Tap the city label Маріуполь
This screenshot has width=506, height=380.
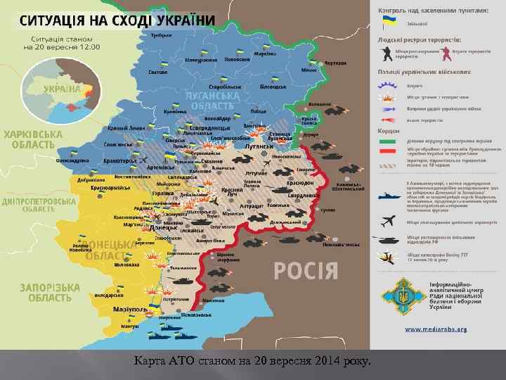(x=131, y=310)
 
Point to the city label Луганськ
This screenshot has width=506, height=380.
(x=259, y=146)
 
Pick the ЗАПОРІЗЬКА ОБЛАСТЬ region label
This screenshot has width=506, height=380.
(x=43, y=292)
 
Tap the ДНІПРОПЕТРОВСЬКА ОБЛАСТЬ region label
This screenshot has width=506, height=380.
(x=34, y=204)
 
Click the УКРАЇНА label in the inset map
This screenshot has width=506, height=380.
(x=61, y=89)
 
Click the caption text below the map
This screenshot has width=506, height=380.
(x=252, y=362)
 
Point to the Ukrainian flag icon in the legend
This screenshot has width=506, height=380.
(x=388, y=23)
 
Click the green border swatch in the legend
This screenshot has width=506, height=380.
(x=388, y=141)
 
